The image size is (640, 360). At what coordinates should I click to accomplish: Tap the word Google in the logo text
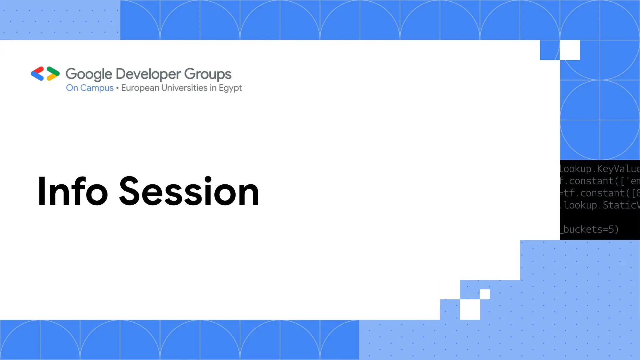[x=89, y=74]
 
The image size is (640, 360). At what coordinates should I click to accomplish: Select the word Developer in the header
[x=148, y=74]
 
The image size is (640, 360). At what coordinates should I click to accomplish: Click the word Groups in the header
[x=207, y=74]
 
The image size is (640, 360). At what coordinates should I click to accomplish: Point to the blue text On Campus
[x=90, y=88]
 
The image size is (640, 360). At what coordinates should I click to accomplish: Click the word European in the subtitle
[x=140, y=88]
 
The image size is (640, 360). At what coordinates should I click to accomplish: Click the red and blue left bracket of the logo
[x=37, y=74]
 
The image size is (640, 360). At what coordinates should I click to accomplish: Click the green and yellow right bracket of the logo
[x=53, y=74]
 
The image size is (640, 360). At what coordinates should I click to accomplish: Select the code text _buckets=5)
[x=589, y=229]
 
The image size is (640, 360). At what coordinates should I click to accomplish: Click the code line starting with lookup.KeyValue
[x=599, y=169]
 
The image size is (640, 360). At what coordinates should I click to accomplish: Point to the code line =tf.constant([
[x=599, y=193]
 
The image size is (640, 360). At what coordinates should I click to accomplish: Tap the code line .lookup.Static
[x=599, y=205]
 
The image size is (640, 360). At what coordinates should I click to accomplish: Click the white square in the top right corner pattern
[x=570, y=50]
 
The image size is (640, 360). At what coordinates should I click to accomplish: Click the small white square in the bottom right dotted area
[x=485, y=294]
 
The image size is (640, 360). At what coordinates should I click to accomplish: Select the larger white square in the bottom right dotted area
[x=470, y=309]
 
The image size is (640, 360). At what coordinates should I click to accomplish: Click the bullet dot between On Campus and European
[x=117, y=88]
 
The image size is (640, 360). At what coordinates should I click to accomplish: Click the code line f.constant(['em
[x=599, y=181]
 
